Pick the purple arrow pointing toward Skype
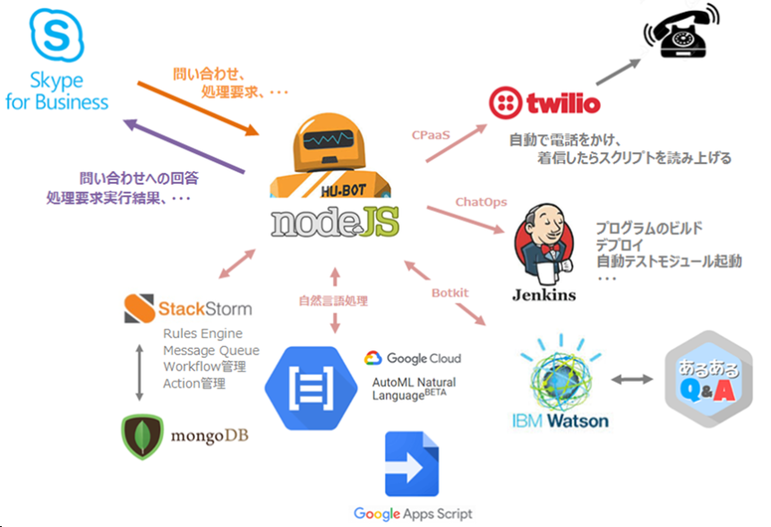pyautogui.click(x=184, y=145)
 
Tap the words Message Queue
pyautogui.click(x=211, y=350)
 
